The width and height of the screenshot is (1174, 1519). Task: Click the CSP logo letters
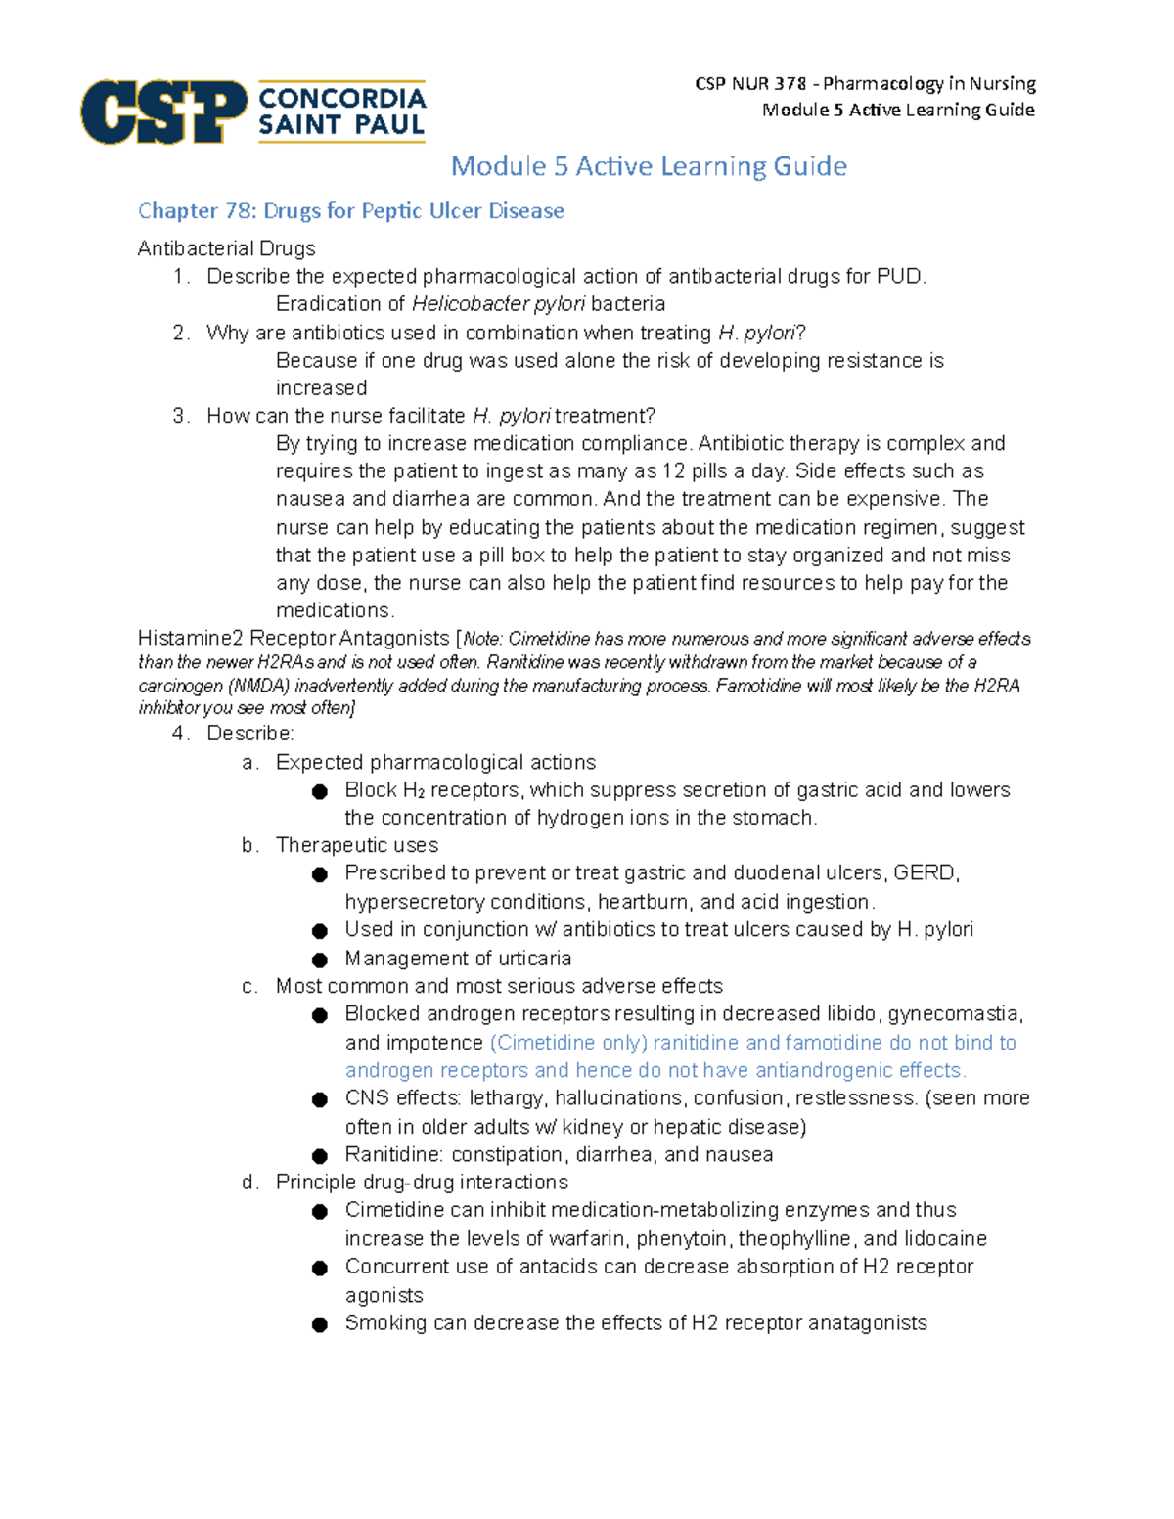point(163,112)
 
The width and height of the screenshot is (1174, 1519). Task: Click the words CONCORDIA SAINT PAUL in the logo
point(341,112)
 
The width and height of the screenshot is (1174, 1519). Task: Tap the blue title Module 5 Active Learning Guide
point(649,166)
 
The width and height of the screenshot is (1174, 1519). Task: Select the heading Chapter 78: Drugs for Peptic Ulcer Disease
point(350,211)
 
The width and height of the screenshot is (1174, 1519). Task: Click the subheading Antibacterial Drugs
point(226,248)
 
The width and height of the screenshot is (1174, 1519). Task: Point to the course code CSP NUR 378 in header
point(750,84)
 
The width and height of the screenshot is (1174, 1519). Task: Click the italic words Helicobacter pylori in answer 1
point(498,304)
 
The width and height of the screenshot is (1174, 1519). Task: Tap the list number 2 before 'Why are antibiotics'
point(179,333)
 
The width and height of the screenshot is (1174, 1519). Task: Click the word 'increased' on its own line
point(321,388)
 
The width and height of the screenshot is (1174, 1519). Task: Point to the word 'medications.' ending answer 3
point(335,611)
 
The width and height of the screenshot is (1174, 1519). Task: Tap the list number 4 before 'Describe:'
point(179,734)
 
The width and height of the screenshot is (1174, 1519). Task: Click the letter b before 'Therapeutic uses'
point(248,845)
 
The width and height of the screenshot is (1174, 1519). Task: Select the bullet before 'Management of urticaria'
point(319,960)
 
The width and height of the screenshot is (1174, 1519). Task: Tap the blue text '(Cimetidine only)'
point(568,1043)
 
